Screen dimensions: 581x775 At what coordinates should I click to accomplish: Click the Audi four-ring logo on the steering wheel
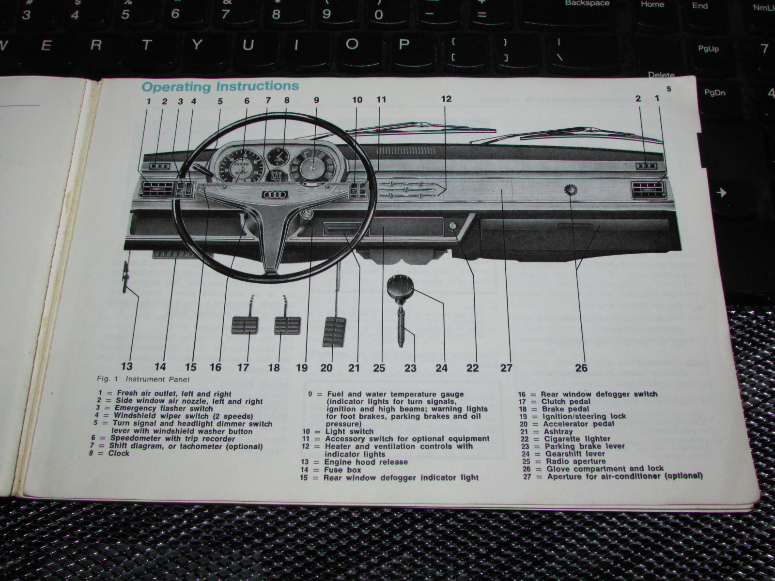275,195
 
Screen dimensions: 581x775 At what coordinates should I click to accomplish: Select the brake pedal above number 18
287,325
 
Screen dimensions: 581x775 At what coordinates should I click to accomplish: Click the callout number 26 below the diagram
581,367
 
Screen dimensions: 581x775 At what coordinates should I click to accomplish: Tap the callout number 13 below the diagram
127,367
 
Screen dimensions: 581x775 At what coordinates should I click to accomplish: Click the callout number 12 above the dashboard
446,99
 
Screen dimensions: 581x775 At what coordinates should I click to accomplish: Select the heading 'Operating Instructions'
220,87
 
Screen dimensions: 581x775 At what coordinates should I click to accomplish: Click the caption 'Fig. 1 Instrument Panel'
139,380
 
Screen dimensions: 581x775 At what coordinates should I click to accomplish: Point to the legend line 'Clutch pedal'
566,401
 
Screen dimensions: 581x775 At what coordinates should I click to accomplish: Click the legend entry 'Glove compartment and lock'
605,469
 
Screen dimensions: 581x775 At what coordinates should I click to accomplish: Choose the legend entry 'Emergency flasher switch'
163,408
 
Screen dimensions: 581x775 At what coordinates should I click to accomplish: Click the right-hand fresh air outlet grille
649,189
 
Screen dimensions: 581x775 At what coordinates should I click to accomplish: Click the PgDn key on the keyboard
715,92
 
